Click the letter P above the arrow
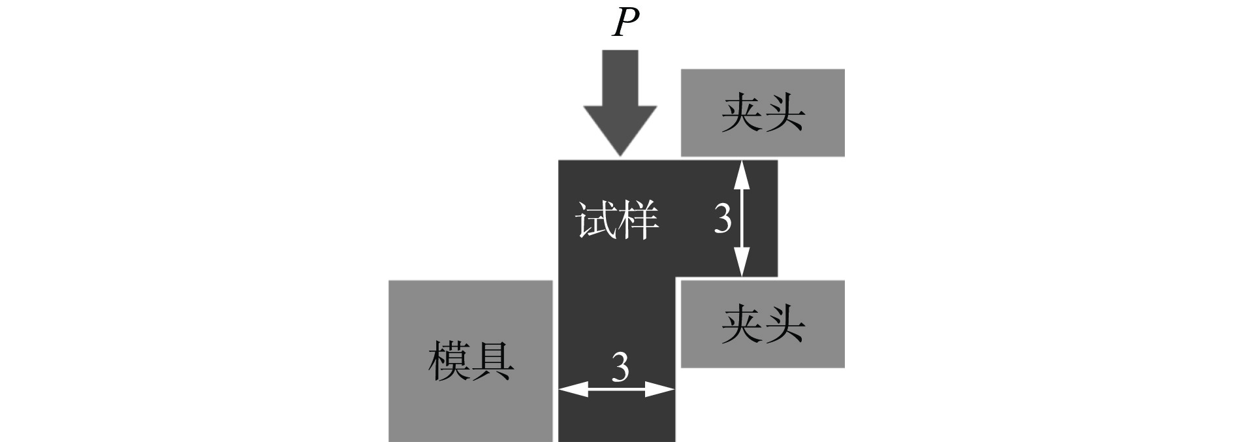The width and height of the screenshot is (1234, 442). click(625, 24)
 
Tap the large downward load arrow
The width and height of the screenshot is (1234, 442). click(620, 104)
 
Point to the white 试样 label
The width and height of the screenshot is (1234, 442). click(617, 221)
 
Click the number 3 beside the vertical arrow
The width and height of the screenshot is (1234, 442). click(722, 219)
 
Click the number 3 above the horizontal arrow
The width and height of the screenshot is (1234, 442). click(620, 368)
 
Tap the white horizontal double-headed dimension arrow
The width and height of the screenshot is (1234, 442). click(616, 390)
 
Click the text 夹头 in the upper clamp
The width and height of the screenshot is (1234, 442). click(763, 113)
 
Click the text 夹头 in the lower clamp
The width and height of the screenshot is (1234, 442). click(763, 324)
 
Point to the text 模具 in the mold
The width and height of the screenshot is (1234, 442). click(470, 361)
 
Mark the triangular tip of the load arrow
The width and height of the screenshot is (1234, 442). click(620, 150)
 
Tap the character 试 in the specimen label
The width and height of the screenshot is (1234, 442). click(595, 221)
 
